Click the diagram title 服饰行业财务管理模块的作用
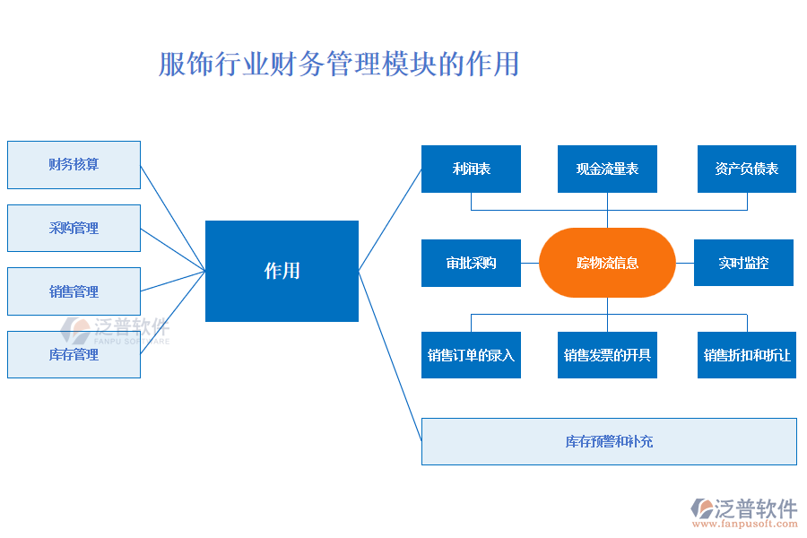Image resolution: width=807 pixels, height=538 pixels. (338, 65)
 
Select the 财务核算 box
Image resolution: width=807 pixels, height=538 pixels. (74, 165)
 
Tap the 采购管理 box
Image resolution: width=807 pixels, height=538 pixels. (74, 228)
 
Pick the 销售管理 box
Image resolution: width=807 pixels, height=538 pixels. (74, 291)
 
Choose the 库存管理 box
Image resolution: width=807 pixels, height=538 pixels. (74, 354)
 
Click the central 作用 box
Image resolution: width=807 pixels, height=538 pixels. (282, 271)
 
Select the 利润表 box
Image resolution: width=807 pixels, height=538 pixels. (471, 169)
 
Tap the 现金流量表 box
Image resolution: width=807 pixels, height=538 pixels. (607, 169)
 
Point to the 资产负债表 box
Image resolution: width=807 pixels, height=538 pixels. (746, 169)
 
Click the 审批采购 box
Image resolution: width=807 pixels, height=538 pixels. (471, 263)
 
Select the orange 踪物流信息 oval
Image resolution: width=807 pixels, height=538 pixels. (607, 263)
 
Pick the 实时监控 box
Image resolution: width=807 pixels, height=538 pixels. (743, 263)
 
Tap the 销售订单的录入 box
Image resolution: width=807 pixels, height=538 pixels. (471, 355)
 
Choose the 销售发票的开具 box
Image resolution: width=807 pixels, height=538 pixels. (607, 355)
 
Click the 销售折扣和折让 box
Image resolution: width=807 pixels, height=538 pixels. (746, 355)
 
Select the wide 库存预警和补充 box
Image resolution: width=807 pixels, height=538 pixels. (609, 441)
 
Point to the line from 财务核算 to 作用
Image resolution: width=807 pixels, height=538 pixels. (173, 218)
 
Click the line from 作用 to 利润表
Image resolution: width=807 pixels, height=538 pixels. (390, 220)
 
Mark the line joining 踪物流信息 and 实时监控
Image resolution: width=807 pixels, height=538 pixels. (684, 263)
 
